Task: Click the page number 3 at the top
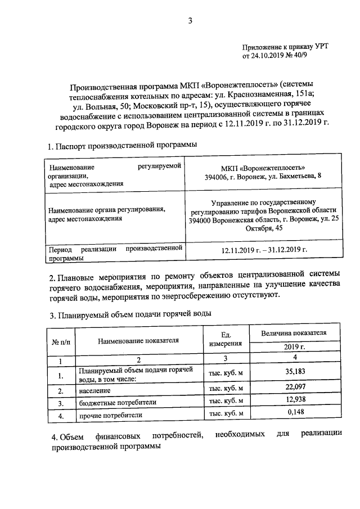click(190, 21)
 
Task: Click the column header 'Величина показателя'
click(294, 333)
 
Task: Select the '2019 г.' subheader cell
click(294, 348)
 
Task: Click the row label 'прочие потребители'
click(111, 416)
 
